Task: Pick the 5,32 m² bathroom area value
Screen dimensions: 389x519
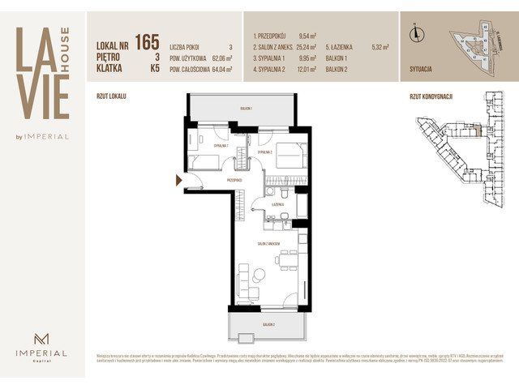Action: [x=380, y=48]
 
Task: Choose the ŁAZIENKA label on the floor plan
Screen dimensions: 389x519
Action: [x=277, y=206]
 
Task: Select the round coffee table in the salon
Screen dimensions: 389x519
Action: [x=258, y=273]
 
